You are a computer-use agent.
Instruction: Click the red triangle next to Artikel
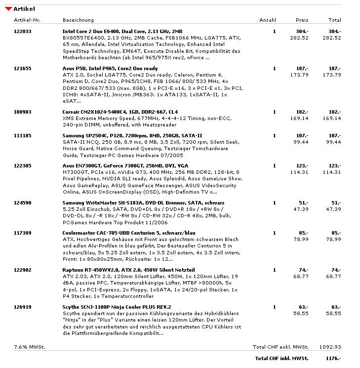pos(8,9)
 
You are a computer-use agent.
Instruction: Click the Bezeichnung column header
pos(78,20)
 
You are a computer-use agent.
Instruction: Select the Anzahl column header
pos(268,20)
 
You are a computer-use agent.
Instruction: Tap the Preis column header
pos(302,20)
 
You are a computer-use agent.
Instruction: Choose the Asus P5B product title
pos(110,68)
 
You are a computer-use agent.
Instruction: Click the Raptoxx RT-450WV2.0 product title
pos(122,270)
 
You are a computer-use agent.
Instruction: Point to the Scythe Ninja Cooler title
pos(117,307)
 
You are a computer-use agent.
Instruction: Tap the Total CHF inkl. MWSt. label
pos(281,358)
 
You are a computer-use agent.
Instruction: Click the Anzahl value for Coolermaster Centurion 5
pos(275,233)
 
